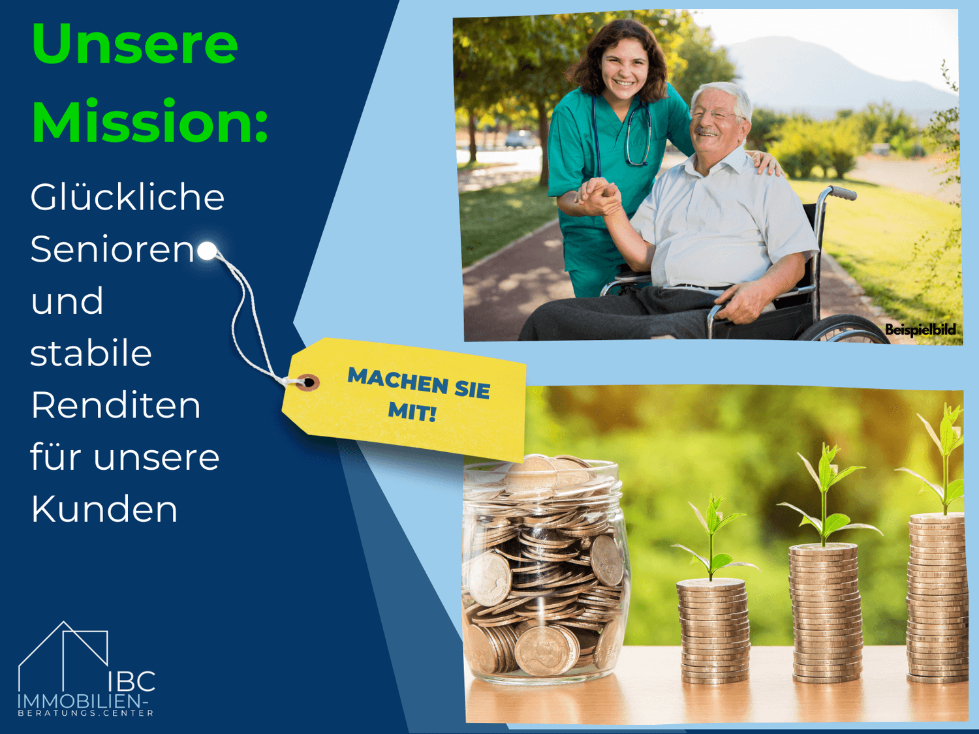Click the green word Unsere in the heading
pos(134,44)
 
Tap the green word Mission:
pos(150,121)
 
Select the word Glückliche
pos(127,197)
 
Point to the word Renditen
pos(116,406)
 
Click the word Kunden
pos(104,509)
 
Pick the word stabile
pos(91,353)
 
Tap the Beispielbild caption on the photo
pos(920,329)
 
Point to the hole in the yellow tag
pos(309,382)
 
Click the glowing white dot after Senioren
pos(207,251)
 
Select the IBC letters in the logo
pos(132,681)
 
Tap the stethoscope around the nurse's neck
pos(625,130)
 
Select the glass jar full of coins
pos(544,570)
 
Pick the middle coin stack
pos(825,613)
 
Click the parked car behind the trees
pos(520,139)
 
